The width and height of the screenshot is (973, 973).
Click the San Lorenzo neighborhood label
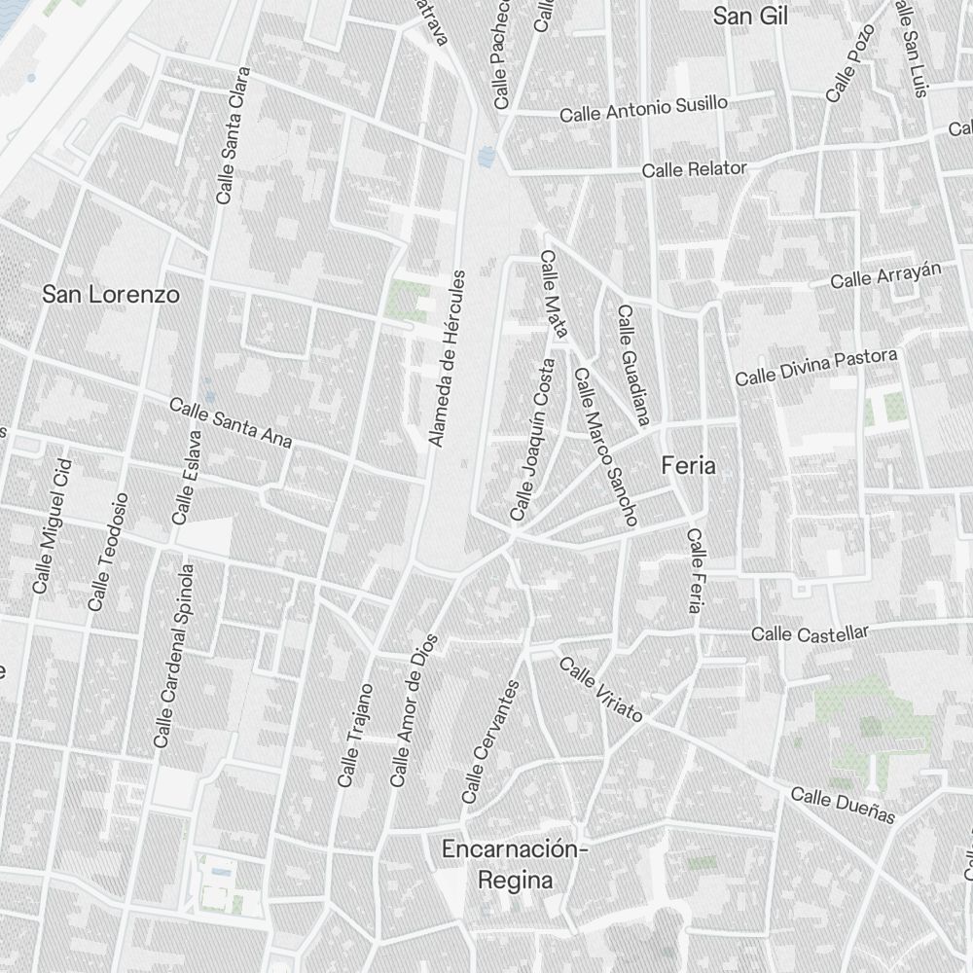[111, 294]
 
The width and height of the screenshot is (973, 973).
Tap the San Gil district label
[749, 17]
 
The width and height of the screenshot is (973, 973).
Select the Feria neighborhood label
[688, 466]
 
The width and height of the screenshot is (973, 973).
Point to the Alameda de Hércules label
[449, 359]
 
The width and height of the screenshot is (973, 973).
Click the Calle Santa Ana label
[231, 422]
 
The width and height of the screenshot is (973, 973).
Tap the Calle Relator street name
[694, 169]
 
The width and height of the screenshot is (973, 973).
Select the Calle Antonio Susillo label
[643, 108]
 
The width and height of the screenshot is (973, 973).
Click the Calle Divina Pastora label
[815, 367]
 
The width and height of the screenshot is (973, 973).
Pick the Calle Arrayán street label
[886, 275]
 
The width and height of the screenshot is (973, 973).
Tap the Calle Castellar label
[810, 633]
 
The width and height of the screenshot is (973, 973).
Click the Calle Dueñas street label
[842, 805]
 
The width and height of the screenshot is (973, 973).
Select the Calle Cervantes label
[490, 741]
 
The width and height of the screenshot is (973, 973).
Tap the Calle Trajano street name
[354, 735]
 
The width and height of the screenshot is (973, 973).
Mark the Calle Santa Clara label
[234, 135]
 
